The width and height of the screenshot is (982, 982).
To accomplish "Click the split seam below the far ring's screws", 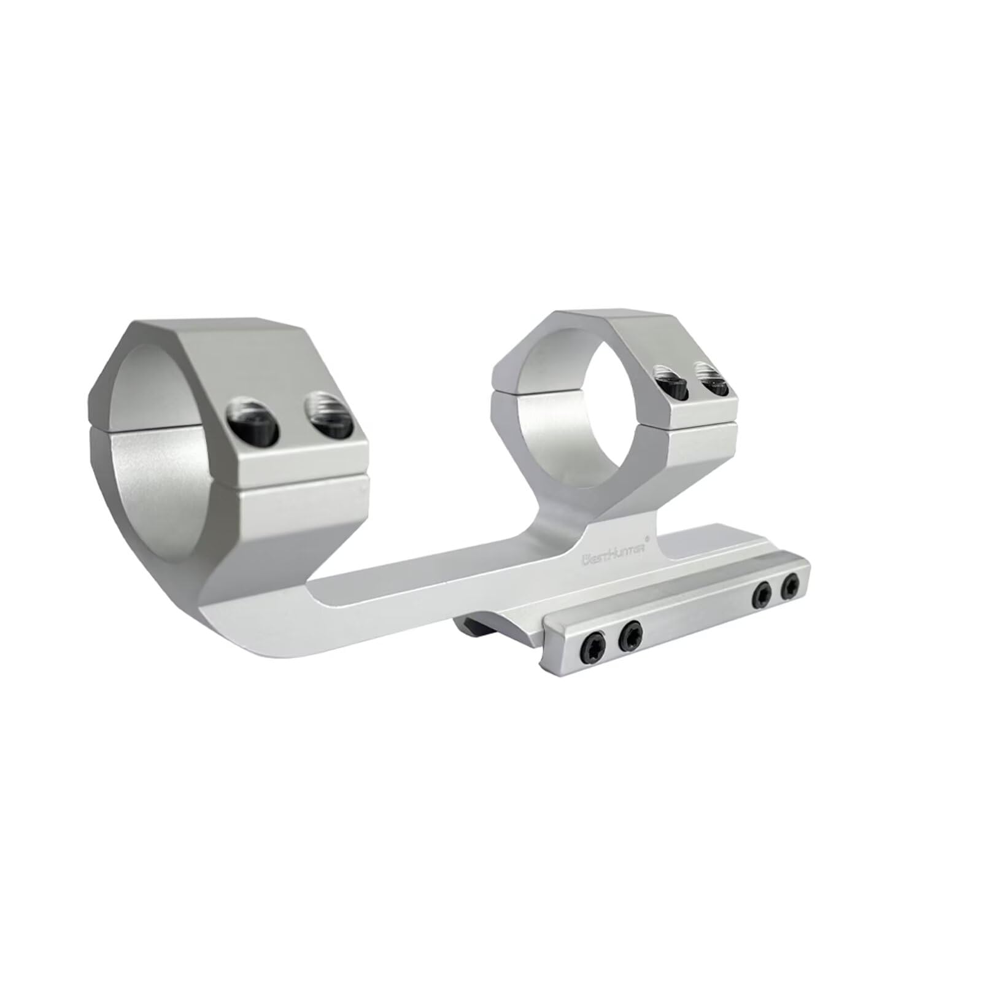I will pos(700,419).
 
